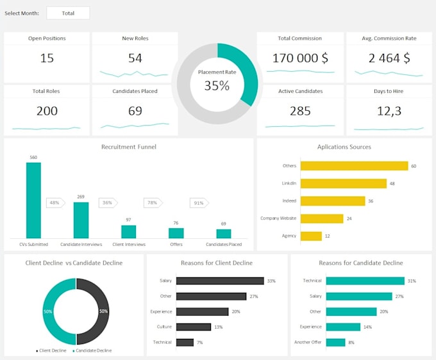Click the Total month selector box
68,13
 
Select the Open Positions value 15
47,58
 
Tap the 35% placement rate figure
217,85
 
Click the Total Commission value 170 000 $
300,58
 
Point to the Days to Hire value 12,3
389,111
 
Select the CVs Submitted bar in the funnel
33,200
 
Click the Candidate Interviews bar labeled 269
81,220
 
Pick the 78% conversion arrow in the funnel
153,203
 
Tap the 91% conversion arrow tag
199,203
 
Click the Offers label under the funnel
176,244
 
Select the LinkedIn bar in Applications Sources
343,183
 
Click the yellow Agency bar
311,236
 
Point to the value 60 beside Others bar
414,166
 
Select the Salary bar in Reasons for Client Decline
220,281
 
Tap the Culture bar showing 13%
193,327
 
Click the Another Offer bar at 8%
335,342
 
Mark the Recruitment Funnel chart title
128,147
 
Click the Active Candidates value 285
300,111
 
